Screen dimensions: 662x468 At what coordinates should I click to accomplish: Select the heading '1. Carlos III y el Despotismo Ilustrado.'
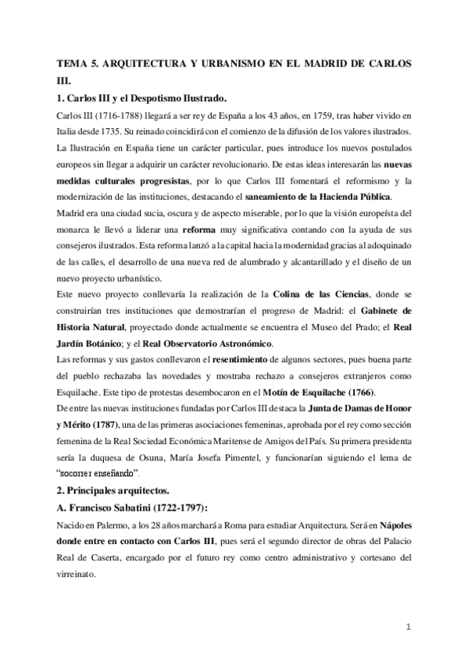click(x=141, y=98)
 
